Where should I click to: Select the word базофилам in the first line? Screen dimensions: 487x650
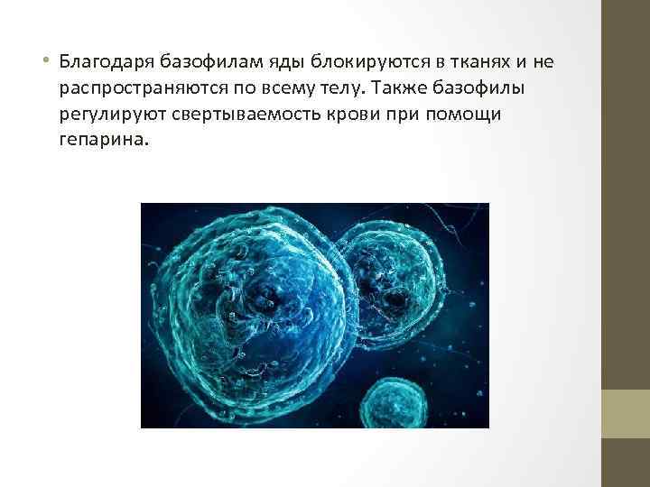203,62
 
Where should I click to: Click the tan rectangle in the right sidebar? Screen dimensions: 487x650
625,414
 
